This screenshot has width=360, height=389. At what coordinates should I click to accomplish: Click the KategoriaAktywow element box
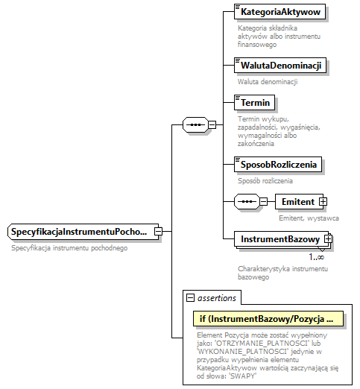point(280,13)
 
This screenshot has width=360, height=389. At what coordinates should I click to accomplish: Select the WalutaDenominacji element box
point(280,66)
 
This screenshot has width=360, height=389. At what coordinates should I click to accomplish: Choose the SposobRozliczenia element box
point(277,164)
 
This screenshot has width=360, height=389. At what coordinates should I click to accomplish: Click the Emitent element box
point(298,201)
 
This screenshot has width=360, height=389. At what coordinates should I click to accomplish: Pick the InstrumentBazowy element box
point(279,239)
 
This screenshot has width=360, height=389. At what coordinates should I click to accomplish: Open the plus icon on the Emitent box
point(323,201)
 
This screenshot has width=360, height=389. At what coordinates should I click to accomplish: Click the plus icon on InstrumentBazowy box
point(327,239)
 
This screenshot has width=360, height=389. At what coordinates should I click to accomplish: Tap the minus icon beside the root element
point(158,232)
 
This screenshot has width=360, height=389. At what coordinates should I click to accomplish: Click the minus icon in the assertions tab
point(191,297)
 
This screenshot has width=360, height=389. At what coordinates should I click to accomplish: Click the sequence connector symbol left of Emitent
point(245,201)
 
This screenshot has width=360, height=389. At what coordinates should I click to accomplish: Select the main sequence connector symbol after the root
point(195,124)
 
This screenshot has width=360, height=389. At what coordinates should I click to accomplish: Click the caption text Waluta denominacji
point(268,81)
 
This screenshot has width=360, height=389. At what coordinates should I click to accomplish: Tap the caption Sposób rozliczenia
point(265,180)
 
